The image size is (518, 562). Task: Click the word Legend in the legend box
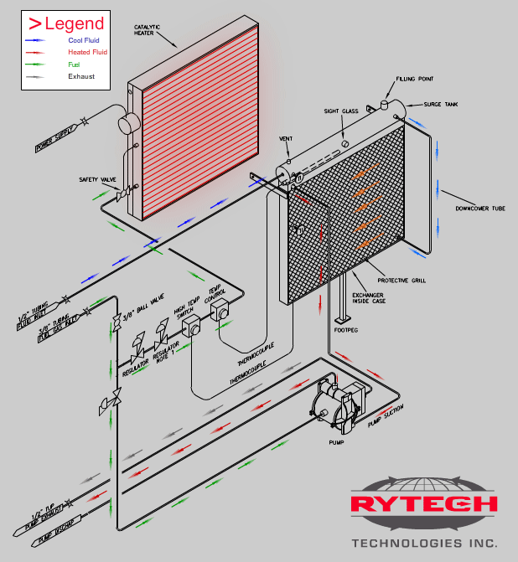(74, 23)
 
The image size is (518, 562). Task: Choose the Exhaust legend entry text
(80, 76)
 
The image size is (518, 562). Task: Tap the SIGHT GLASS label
(341, 111)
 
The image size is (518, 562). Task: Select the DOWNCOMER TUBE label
(479, 208)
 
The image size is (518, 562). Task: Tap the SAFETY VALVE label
(96, 179)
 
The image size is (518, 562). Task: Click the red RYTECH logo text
(423, 504)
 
